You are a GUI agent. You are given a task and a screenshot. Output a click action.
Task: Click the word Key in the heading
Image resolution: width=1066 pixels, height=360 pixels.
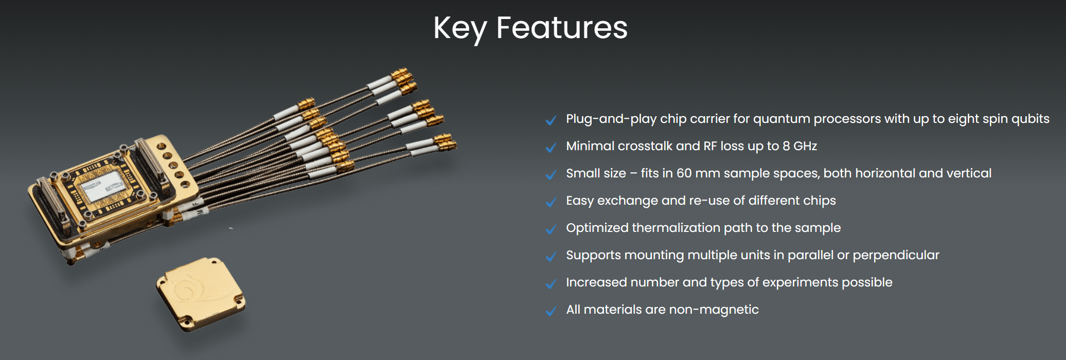459,29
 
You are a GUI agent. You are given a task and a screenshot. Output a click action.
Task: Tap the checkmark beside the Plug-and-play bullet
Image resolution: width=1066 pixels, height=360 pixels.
551,120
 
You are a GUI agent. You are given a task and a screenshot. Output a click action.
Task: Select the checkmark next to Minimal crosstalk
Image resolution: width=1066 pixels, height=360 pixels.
551,147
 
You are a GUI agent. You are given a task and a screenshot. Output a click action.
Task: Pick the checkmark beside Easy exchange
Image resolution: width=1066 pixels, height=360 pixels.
551,202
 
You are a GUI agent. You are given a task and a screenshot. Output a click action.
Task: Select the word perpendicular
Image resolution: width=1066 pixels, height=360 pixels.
896,256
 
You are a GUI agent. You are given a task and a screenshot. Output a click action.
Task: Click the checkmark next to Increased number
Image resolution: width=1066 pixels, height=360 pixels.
551,283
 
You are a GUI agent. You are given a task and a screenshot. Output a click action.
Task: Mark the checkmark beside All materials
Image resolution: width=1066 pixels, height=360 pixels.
551,311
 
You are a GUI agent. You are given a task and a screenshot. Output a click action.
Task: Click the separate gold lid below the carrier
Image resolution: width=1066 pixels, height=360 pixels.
201,294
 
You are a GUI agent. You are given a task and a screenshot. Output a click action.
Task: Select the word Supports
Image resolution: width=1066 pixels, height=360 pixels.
594,256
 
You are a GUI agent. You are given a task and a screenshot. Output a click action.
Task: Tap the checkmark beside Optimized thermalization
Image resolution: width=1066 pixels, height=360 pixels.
551,229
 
